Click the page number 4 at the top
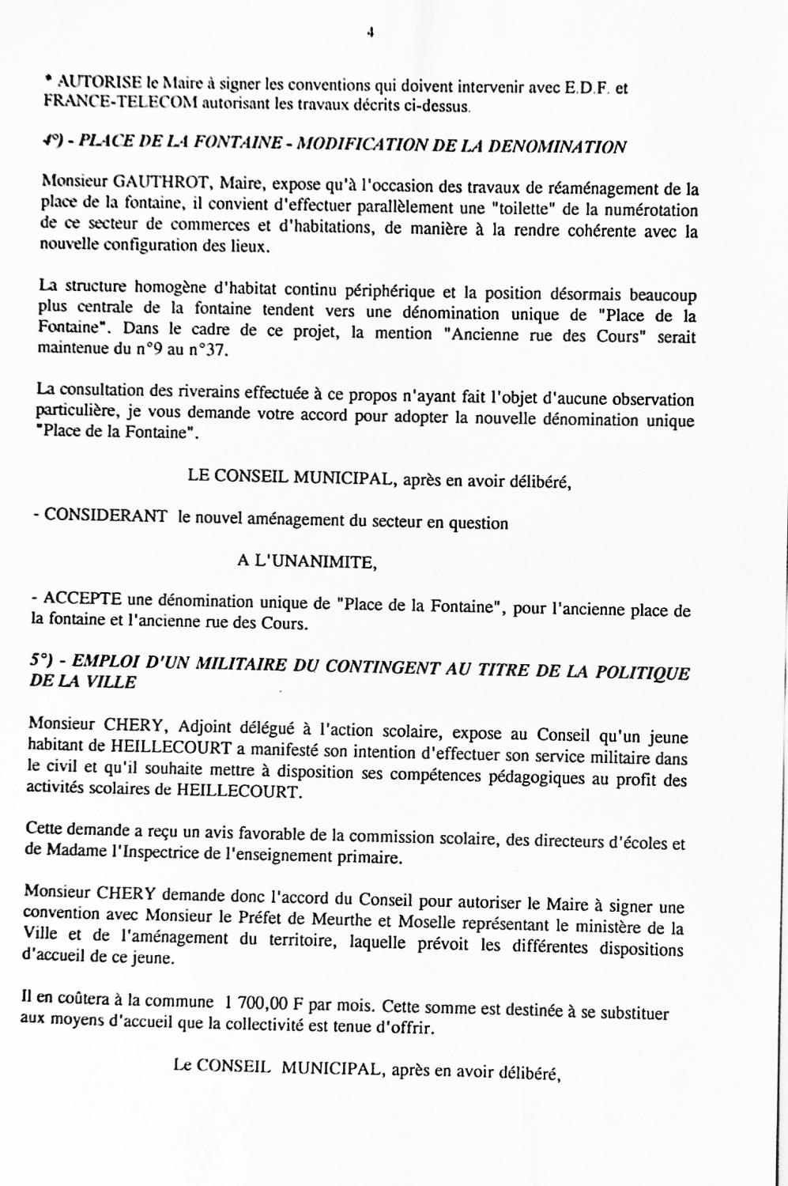tap(370, 32)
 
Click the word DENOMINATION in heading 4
tap(558, 146)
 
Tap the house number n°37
tap(209, 350)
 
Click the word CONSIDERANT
tap(106, 516)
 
